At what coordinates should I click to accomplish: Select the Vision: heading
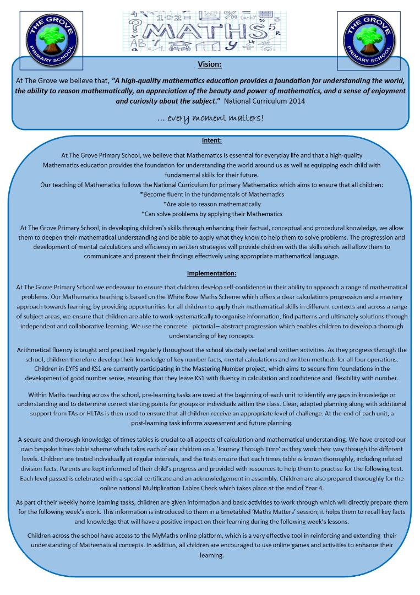point(209,64)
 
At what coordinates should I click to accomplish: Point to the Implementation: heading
point(211,273)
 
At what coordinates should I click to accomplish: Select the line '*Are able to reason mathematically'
point(212,204)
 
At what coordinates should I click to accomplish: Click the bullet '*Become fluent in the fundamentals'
point(212,194)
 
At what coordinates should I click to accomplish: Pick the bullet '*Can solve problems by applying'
point(212,213)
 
